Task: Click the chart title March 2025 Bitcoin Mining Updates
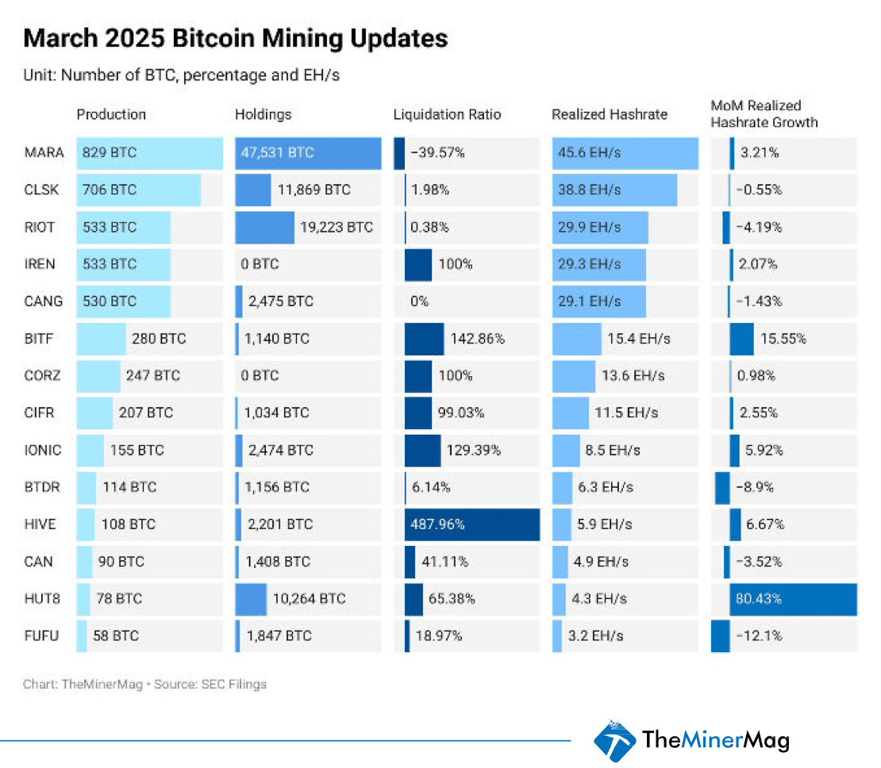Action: coord(235,39)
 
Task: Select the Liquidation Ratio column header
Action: coord(447,114)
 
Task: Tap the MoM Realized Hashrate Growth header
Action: coord(764,114)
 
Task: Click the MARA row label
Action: coord(39,153)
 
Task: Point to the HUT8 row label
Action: coord(39,599)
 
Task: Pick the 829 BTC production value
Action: coord(110,153)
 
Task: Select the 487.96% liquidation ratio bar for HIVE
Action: coord(471,524)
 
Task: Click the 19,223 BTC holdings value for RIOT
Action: coord(336,228)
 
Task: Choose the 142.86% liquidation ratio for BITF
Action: coord(478,339)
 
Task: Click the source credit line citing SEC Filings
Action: coord(144,684)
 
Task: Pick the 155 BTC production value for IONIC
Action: coord(137,450)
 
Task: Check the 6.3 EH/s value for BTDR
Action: coord(606,487)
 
